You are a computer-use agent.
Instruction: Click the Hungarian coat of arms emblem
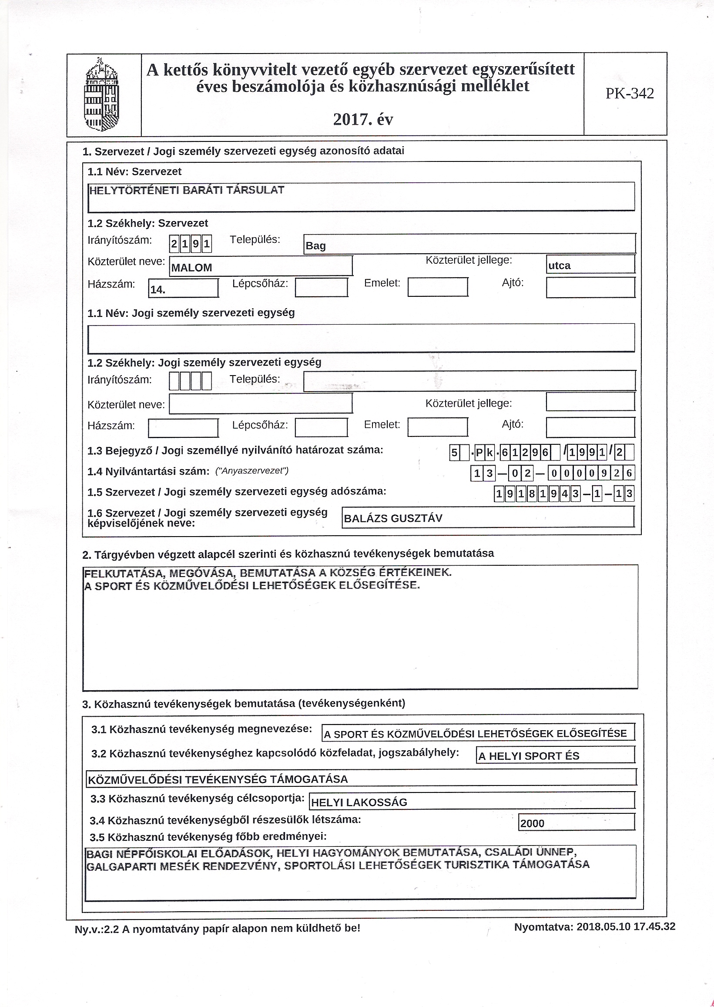[102, 94]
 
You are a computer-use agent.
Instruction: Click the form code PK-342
[630, 94]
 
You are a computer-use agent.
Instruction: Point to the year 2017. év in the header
[363, 120]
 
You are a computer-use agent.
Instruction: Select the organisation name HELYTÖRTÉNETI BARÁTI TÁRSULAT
[186, 191]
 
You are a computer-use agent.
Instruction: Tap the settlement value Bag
[316, 246]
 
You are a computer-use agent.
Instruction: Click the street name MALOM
[192, 268]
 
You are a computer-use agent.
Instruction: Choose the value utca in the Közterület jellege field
[559, 265]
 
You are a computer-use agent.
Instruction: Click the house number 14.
[158, 290]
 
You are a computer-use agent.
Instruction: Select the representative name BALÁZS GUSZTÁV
[392, 518]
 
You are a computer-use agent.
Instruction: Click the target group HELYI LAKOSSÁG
[359, 802]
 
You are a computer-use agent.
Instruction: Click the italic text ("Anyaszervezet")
[251, 471]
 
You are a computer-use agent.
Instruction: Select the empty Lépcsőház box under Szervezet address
[322, 288]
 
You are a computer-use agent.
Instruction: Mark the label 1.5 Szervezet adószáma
[237, 492]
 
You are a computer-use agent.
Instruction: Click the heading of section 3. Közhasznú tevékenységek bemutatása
[244, 703]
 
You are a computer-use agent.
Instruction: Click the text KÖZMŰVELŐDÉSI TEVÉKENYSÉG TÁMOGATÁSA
[218, 780]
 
